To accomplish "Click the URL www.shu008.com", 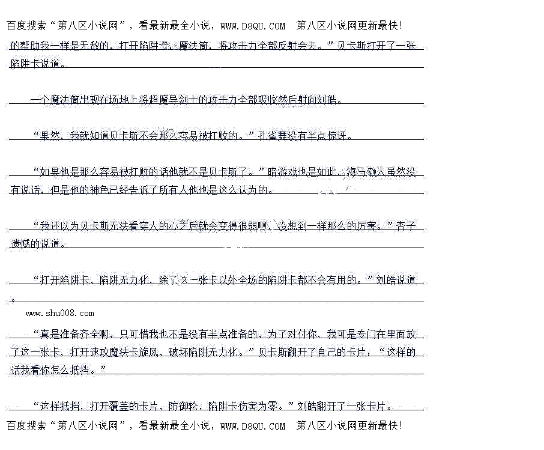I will (x=60, y=313).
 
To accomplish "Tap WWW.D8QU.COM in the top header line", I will (x=253, y=26).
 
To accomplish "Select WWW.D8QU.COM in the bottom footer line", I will (x=253, y=426).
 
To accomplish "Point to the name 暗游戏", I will (x=282, y=172).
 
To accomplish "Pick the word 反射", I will (x=284, y=46).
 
